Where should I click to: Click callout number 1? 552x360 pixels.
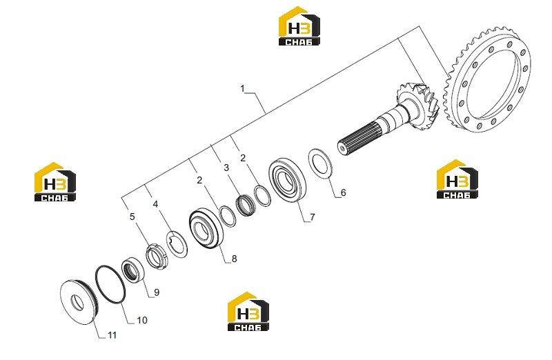point(242,89)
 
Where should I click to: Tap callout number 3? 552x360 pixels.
point(226,168)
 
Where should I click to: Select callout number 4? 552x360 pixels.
point(156,204)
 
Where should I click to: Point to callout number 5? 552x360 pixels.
point(132,217)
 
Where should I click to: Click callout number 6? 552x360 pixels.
point(343,192)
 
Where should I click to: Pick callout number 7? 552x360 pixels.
point(313,217)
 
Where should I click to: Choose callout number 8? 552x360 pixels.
point(234,259)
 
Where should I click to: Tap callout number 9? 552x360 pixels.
point(157,292)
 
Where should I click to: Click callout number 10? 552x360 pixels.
point(142,320)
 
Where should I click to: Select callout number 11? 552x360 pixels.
point(112,335)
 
